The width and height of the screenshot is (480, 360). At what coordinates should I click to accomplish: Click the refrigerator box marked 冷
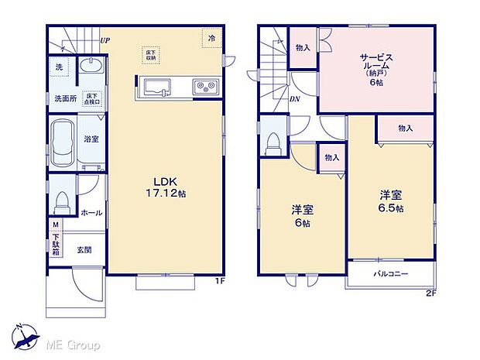click(x=211, y=37)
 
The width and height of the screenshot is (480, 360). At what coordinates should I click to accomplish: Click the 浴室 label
click(x=91, y=139)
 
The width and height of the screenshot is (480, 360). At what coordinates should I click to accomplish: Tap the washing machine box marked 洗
click(x=59, y=67)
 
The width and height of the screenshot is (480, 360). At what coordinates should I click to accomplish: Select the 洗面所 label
click(x=65, y=98)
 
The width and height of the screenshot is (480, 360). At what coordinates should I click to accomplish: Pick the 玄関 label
click(x=83, y=249)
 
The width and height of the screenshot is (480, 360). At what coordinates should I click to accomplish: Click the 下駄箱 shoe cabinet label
click(x=56, y=241)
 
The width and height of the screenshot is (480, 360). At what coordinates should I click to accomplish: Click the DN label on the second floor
click(x=295, y=100)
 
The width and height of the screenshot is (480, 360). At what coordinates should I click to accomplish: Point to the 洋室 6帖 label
click(x=302, y=215)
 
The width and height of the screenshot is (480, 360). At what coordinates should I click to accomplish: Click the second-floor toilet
click(x=272, y=140)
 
